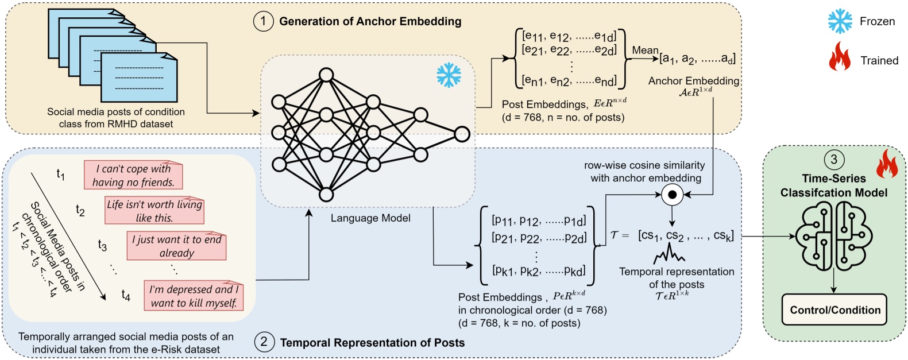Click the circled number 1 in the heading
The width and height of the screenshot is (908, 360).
tap(263, 21)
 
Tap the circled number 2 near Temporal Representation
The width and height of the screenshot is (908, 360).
tap(264, 343)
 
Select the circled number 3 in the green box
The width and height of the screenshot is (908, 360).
tap(833, 160)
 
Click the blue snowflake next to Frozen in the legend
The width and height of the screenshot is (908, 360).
tap(840, 21)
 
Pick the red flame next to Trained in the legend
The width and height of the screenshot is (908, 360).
tap(839, 57)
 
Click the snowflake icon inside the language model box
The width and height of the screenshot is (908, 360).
tap(449, 75)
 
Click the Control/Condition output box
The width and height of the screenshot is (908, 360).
tap(834, 310)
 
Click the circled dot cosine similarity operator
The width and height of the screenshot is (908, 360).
tap(672, 195)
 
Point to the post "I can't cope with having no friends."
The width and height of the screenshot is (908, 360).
tap(133, 176)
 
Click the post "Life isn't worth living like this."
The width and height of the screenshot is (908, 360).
tap(154, 211)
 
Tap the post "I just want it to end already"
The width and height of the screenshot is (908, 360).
tap(176, 246)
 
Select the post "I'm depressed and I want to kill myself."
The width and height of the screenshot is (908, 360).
tap(194, 296)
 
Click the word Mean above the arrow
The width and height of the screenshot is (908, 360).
tap(645, 50)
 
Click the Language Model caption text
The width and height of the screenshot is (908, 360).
tap(370, 218)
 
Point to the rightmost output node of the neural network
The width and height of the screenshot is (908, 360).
tap(462, 134)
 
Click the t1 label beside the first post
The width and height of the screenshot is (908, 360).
tap(61, 174)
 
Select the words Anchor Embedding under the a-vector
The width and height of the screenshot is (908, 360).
tap(693, 81)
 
